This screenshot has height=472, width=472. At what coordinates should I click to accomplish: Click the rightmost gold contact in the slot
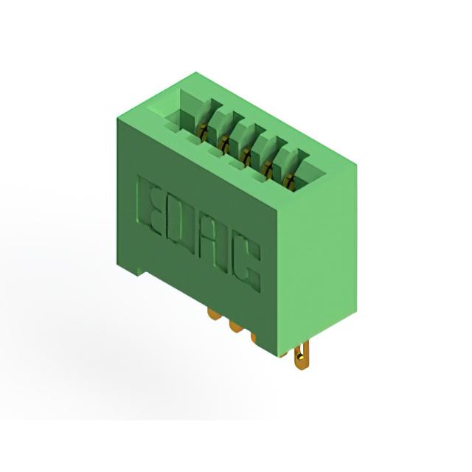[290, 181]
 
